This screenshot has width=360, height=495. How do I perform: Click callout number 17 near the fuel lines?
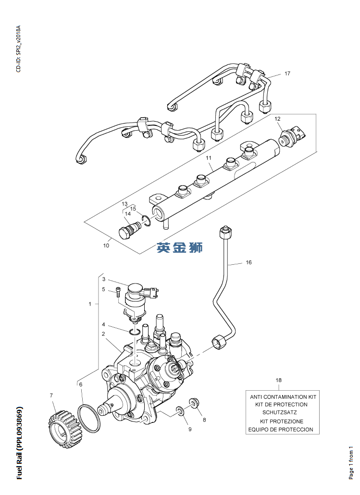coord(287,74)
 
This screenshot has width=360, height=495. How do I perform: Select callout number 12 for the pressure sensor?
coord(277,118)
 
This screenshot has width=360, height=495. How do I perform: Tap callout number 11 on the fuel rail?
coord(209,158)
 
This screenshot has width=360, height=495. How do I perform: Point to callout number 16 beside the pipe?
coord(248,262)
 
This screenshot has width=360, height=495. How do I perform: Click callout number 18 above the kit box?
coord(279,380)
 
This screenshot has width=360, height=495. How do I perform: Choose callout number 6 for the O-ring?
coord(81,384)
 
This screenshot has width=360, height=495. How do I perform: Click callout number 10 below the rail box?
coord(106,246)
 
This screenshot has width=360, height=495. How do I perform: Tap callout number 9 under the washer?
coord(190,429)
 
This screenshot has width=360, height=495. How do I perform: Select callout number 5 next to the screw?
coord(103,289)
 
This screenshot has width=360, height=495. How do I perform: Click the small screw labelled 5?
coord(118,291)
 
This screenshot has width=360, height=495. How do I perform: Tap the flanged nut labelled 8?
coord(194,403)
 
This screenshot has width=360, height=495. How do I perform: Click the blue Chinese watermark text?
coord(180,247)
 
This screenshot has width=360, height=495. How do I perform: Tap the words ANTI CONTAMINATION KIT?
coord(283,397)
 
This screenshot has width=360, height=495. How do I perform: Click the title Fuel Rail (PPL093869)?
coord(20,443)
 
